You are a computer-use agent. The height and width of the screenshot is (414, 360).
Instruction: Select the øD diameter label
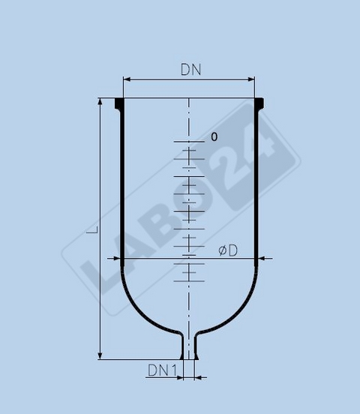[x=228, y=250]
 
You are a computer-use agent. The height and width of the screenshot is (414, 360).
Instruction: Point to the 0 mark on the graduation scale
[x=214, y=137]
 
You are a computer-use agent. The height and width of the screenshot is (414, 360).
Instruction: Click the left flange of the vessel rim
[x=119, y=103]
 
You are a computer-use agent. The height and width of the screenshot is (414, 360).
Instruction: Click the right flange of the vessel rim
[x=259, y=103]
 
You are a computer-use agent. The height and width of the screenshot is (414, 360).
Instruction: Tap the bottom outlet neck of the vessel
[x=189, y=347]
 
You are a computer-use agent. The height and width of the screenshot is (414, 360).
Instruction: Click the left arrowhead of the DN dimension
[x=126, y=78]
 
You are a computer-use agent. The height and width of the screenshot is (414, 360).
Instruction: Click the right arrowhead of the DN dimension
[x=252, y=78]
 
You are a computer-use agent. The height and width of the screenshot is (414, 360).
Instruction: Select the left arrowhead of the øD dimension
[x=118, y=259]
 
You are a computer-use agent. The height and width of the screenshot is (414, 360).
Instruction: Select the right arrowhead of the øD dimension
[x=261, y=259]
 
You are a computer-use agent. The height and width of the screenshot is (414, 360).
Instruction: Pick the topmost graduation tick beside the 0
[x=189, y=140]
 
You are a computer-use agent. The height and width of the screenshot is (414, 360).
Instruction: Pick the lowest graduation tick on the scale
[x=189, y=281]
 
